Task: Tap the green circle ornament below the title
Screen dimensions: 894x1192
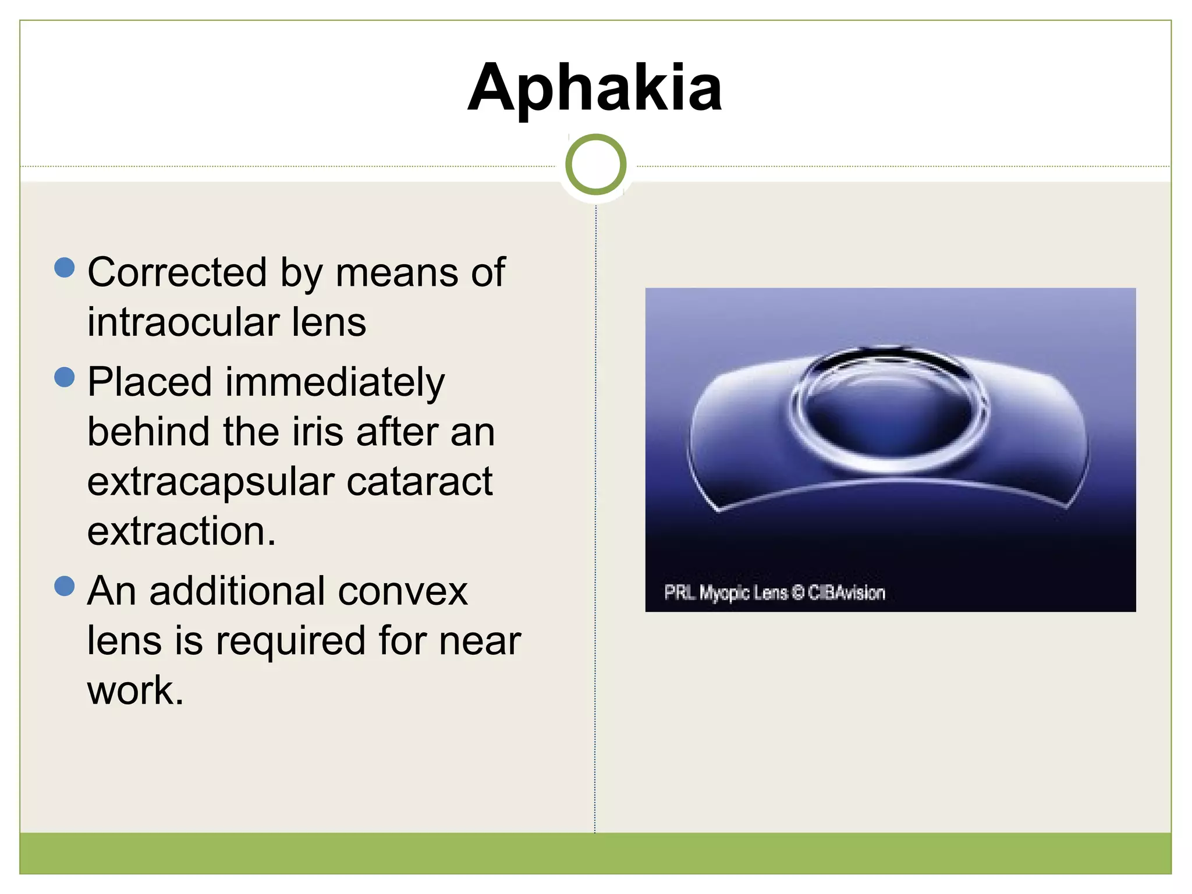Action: [x=595, y=165]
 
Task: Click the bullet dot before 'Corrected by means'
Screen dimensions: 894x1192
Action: [x=65, y=268]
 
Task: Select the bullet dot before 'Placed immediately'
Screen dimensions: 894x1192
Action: [x=65, y=377]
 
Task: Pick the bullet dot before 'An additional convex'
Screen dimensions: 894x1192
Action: [x=65, y=586]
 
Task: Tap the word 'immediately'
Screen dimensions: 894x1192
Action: [x=335, y=383]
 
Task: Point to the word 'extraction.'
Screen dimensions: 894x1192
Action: [x=181, y=531]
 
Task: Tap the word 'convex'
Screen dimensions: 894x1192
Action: [x=402, y=591]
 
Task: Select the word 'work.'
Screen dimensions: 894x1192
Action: [x=135, y=691]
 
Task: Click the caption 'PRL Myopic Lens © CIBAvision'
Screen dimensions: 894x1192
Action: [x=774, y=593]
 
